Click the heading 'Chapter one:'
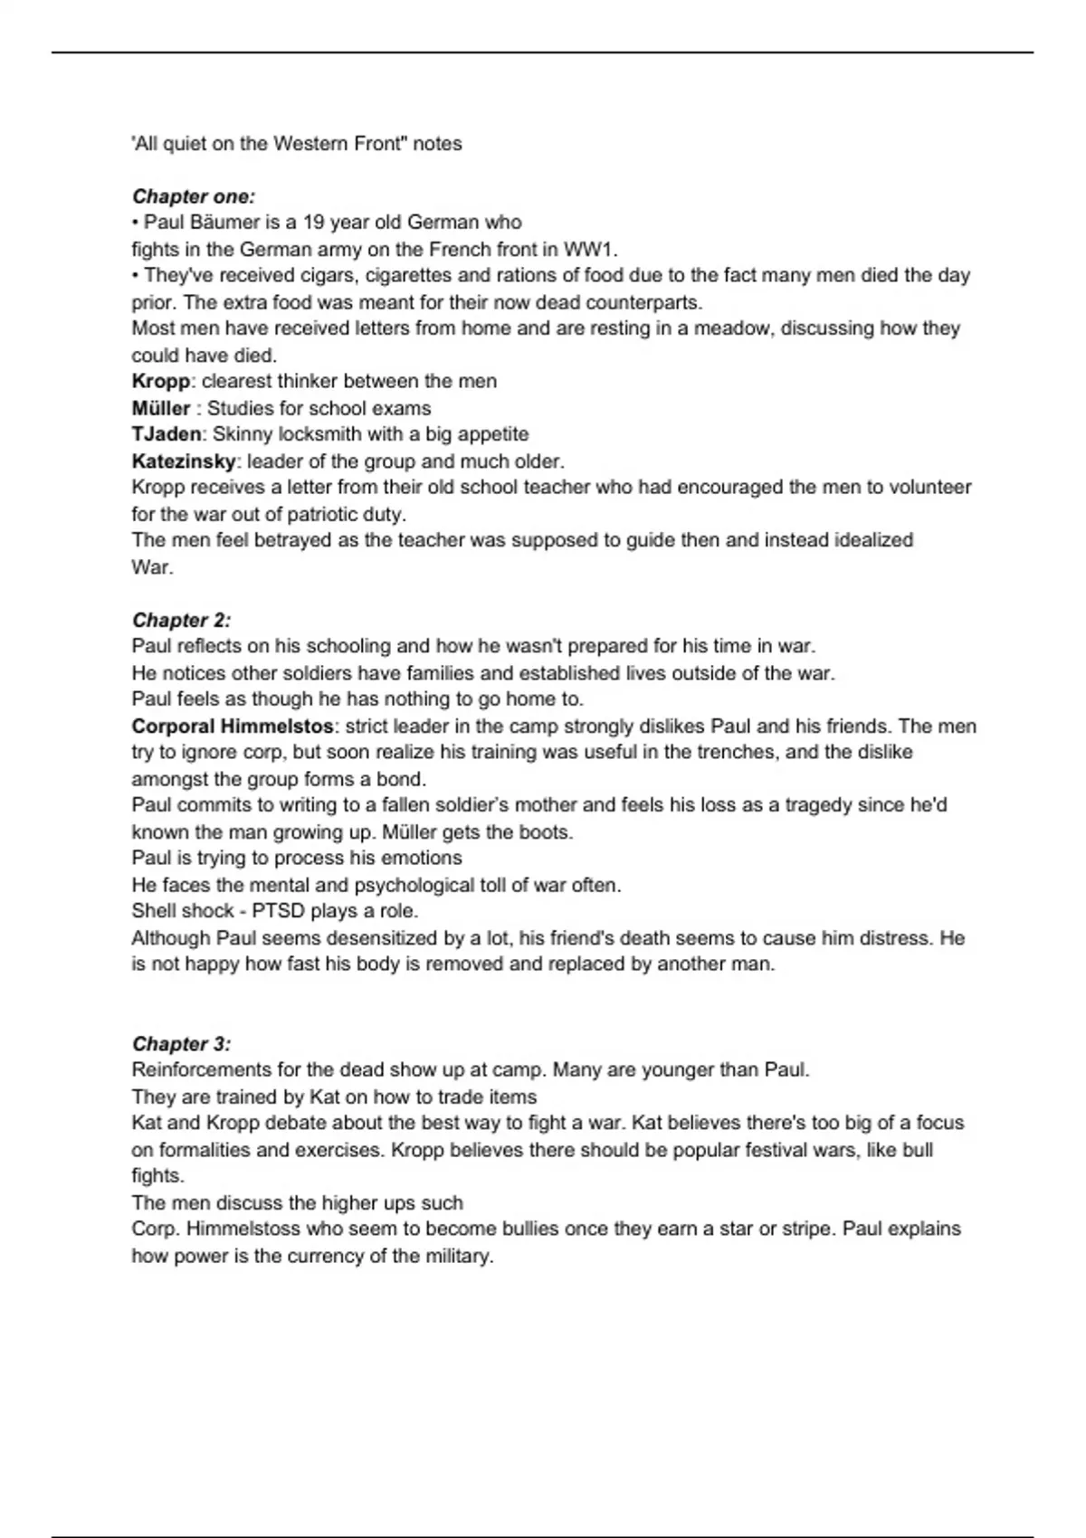194,196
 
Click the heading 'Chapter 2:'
181,620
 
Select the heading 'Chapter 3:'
181,1043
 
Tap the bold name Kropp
161,382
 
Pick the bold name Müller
161,408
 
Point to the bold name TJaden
167,434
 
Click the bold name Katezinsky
184,461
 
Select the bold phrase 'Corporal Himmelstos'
233,726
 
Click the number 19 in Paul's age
314,223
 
